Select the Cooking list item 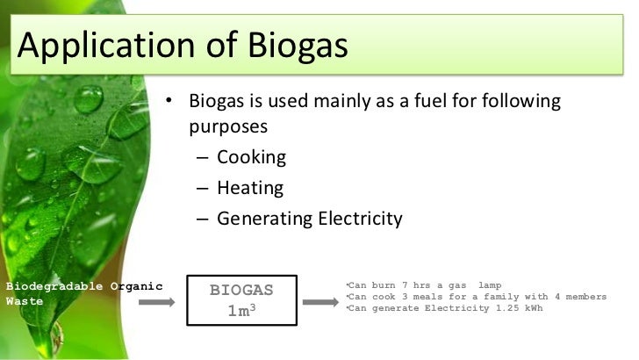(251, 158)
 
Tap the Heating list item (250, 188)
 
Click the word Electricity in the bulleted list (361, 219)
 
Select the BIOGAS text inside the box (241, 289)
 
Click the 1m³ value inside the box (241, 312)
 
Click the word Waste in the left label (20, 299)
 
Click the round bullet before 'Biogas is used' (170, 102)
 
